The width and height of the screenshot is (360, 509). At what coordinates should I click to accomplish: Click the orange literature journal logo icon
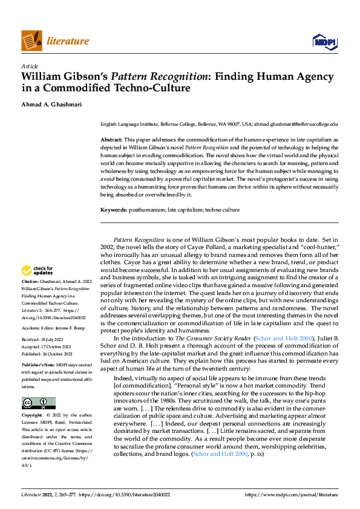click(x=31, y=41)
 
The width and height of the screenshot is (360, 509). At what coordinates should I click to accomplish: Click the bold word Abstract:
click(x=111, y=140)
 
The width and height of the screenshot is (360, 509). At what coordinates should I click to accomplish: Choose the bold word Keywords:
click(x=114, y=210)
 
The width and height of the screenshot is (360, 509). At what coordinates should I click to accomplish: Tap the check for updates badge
click(x=38, y=270)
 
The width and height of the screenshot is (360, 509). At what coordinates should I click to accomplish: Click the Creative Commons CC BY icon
click(x=38, y=386)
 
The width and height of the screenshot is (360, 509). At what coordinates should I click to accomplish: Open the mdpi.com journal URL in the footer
click(x=291, y=494)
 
